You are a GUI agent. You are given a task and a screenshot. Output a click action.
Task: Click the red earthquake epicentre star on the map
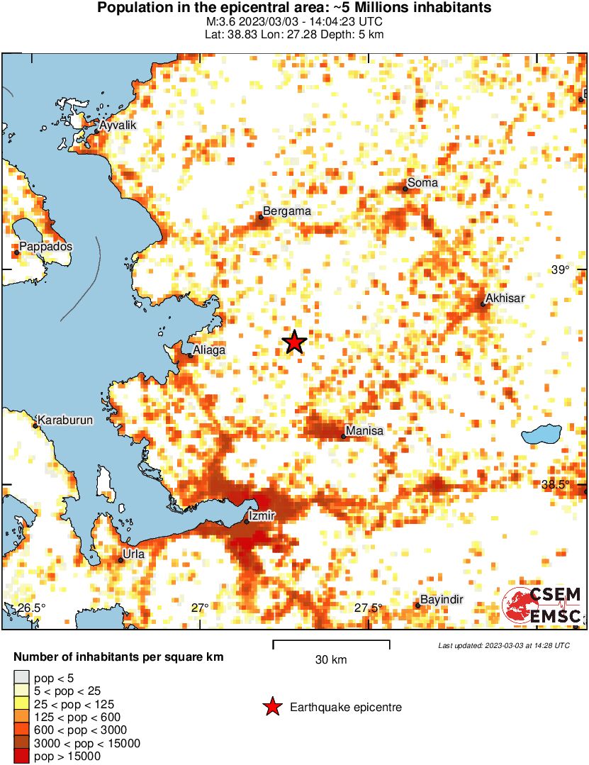(x=294, y=342)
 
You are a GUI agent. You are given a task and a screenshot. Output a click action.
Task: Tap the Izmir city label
(x=262, y=515)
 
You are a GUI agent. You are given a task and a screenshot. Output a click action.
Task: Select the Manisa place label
(x=364, y=431)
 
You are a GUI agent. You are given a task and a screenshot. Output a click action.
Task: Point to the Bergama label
(x=286, y=211)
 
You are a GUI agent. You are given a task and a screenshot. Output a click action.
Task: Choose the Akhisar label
(x=505, y=298)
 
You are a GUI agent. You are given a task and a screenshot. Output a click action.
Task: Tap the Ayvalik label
(x=118, y=125)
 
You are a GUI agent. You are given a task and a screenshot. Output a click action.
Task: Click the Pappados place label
(x=46, y=247)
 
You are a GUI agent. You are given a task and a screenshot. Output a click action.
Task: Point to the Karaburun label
(x=65, y=420)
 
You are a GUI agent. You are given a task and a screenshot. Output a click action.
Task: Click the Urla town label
(x=133, y=554)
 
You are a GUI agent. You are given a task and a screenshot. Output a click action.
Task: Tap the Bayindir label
(x=442, y=600)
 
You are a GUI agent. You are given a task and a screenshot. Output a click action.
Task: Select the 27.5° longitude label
(x=369, y=608)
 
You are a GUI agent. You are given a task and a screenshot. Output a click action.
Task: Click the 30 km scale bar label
(x=331, y=660)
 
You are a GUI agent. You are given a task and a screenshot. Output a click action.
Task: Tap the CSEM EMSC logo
(x=543, y=606)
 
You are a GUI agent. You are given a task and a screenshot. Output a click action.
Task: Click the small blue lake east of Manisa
(x=542, y=434)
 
